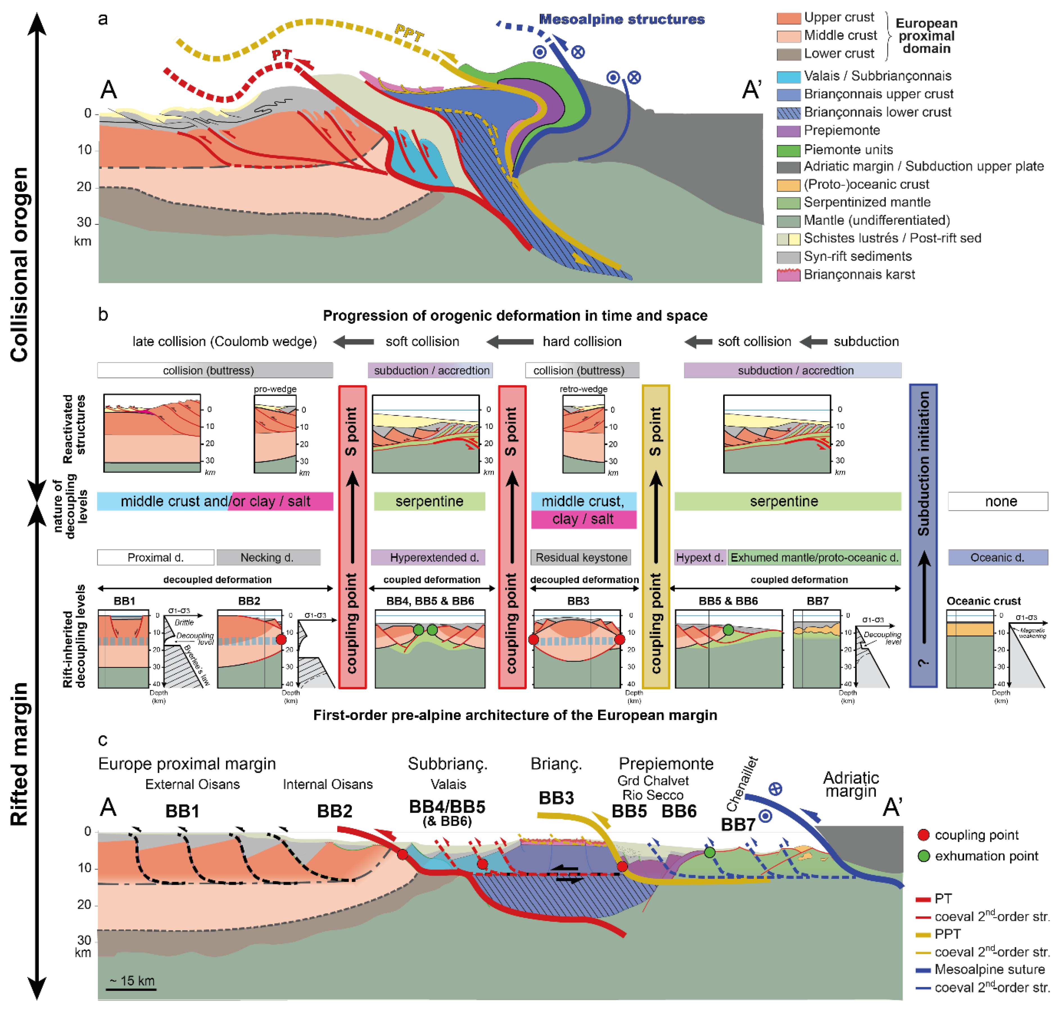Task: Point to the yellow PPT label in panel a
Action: coord(409,33)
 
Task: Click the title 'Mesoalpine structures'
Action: coord(622,19)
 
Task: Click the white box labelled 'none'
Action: coord(997,501)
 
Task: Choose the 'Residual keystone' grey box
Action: coord(581,557)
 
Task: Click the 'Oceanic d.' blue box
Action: coord(997,557)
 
